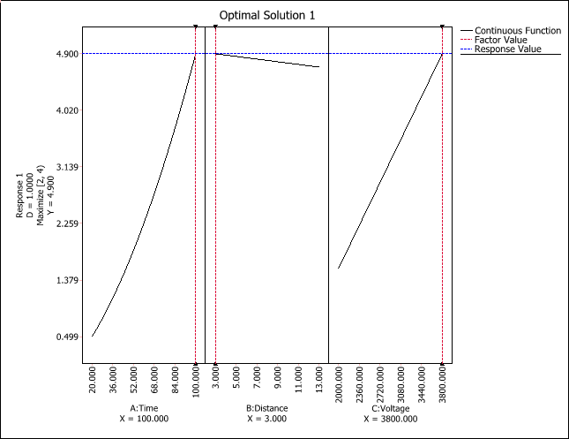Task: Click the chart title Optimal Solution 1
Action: [x=266, y=15]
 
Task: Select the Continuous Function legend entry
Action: [x=517, y=31]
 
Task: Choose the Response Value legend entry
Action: [x=507, y=49]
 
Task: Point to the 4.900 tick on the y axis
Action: [x=67, y=54]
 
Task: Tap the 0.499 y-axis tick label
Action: [x=67, y=337]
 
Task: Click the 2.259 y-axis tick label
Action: [x=67, y=223]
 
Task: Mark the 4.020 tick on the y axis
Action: [x=67, y=110]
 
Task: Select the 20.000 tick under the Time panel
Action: [x=93, y=383]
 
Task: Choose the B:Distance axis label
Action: [x=267, y=408]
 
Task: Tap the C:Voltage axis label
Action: [x=390, y=408]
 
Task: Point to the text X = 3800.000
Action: [x=390, y=418]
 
